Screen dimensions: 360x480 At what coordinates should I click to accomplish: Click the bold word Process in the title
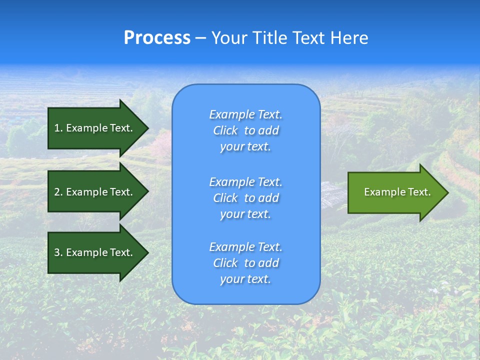(x=157, y=38)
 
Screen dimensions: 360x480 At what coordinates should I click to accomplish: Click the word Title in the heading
(x=269, y=38)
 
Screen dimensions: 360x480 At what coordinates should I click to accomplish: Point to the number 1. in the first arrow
(x=58, y=128)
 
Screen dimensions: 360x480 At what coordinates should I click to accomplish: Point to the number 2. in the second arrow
(x=58, y=192)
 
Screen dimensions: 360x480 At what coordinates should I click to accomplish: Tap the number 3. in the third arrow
(x=58, y=252)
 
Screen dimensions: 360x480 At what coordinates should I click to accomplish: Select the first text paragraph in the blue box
(x=245, y=130)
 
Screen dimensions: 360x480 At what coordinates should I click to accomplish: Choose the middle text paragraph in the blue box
(x=245, y=198)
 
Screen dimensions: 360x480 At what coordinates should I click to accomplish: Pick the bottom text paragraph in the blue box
(x=245, y=263)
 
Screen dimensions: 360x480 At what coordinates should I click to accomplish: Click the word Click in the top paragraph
(x=225, y=130)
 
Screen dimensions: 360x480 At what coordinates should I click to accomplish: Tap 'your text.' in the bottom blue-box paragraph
(x=245, y=279)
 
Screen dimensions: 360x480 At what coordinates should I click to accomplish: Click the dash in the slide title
(x=200, y=38)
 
